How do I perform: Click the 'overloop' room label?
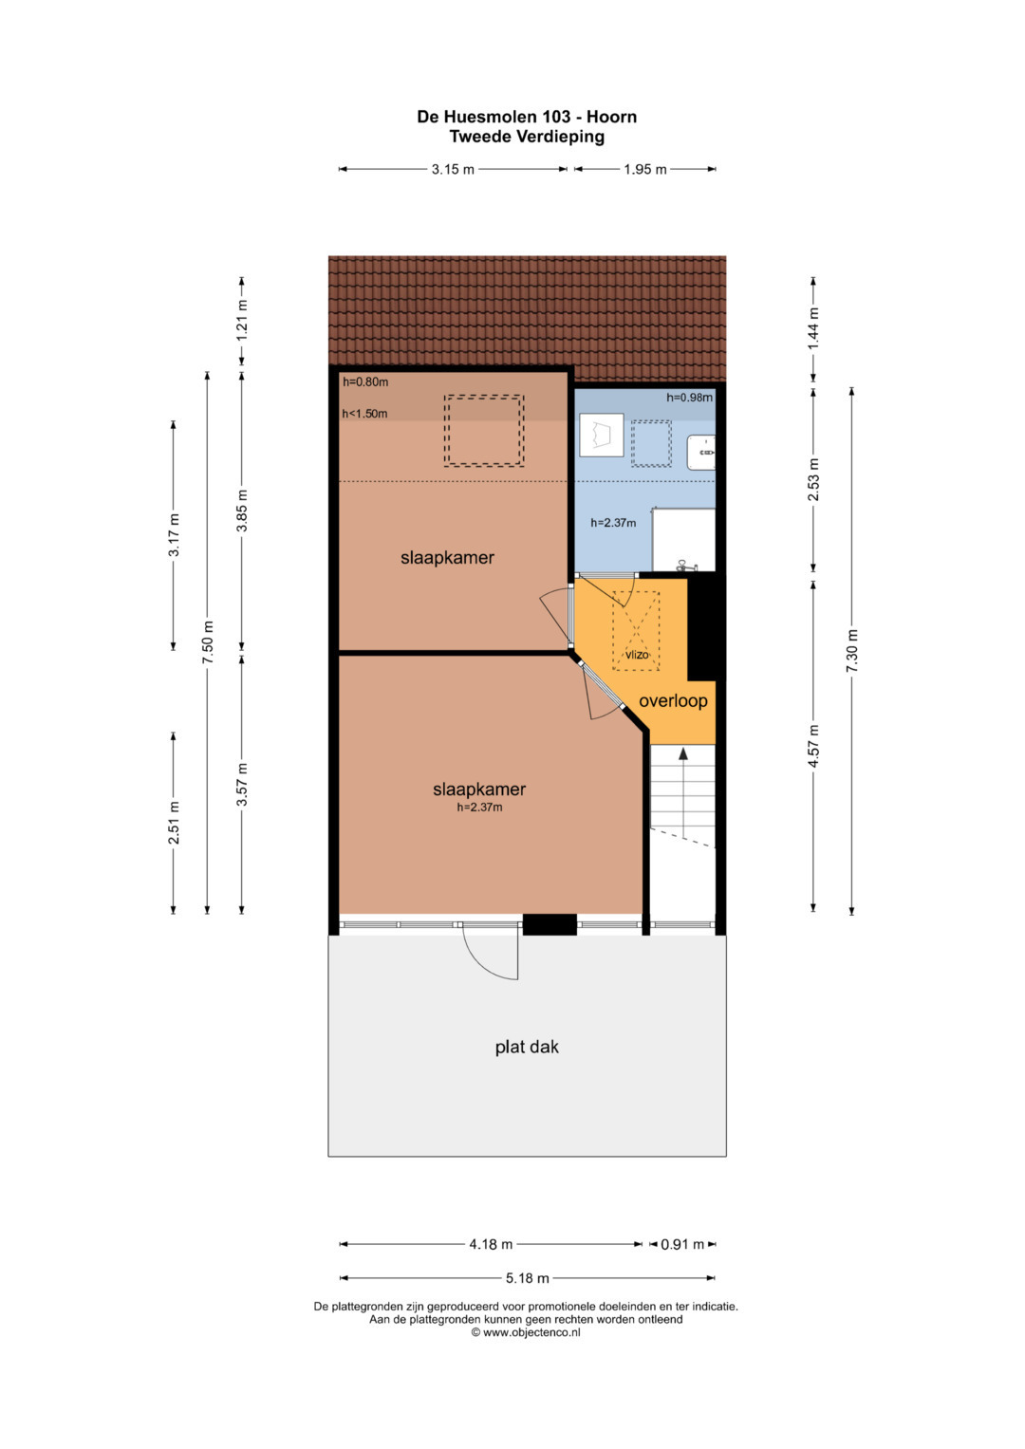click(673, 701)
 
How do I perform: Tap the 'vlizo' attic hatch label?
click(637, 655)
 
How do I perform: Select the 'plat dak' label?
click(527, 1048)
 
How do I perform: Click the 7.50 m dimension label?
click(207, 642)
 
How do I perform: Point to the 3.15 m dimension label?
click(453, 170)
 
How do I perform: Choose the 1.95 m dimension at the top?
click(645, 170)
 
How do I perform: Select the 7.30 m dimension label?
click(851, 650)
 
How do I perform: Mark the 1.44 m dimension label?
click(813, 328)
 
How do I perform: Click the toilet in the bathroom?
click(601, 435)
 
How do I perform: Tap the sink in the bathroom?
click(701, 453)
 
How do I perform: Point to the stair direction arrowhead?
click(682, 752)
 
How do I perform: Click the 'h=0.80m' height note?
click(365, 382)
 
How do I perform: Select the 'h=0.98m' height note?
click(689, 398)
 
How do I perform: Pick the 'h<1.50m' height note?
click(365, 414)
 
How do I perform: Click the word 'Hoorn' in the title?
click(611, 117)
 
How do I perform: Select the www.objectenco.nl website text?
click(531, 1332)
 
